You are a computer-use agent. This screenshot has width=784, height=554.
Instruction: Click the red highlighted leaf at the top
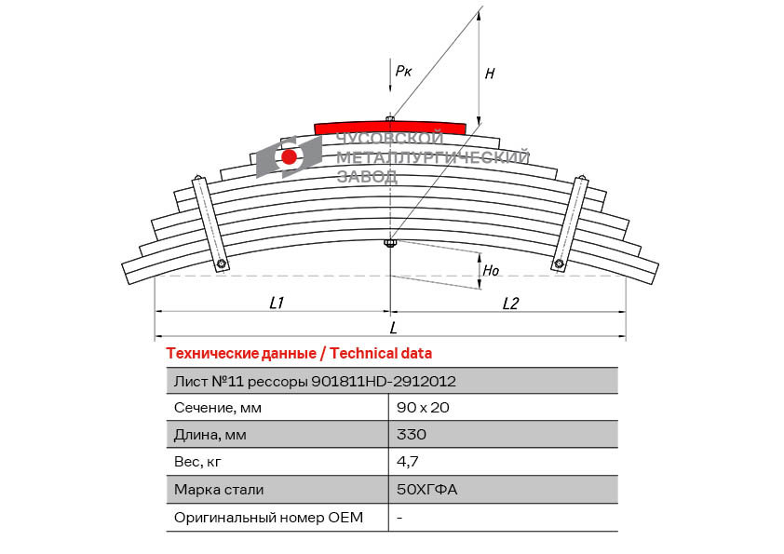tap(390, 128)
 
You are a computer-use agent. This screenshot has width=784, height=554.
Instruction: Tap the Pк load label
tap(403, 71)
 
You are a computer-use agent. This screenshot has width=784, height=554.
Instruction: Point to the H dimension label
tap(490, 74)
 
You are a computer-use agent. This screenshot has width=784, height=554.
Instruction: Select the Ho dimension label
tap(491, 271)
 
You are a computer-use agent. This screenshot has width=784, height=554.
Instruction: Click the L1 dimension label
tap(277, 303)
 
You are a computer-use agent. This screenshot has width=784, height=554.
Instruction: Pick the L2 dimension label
tap(510, 303)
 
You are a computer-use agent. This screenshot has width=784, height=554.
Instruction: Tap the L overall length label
tap(394, 328)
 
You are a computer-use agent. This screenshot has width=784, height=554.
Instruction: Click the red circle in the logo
tap(289, 157)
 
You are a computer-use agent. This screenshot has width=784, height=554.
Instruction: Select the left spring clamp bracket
tap(210, 223)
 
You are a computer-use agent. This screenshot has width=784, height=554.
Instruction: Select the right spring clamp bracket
tap(570, 223)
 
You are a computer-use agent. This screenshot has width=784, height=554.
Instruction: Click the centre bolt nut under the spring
tap(390, 244)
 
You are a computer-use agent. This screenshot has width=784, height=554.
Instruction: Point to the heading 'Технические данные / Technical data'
tap(299, 354)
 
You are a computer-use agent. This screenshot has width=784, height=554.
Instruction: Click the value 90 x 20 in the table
tap(423, 408)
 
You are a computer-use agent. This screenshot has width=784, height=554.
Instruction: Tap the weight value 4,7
tap(408, 462)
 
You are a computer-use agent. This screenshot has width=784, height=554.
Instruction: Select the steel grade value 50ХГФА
tap(427, 489)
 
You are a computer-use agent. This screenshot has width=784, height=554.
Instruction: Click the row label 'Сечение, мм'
tap(218, 408)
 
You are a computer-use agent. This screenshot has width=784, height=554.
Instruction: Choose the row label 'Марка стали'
tap(219, 490)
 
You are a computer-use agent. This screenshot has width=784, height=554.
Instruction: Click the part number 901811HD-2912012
tap(384, 382)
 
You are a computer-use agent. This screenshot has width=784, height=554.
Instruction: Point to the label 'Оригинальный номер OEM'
tap(268, 517)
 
